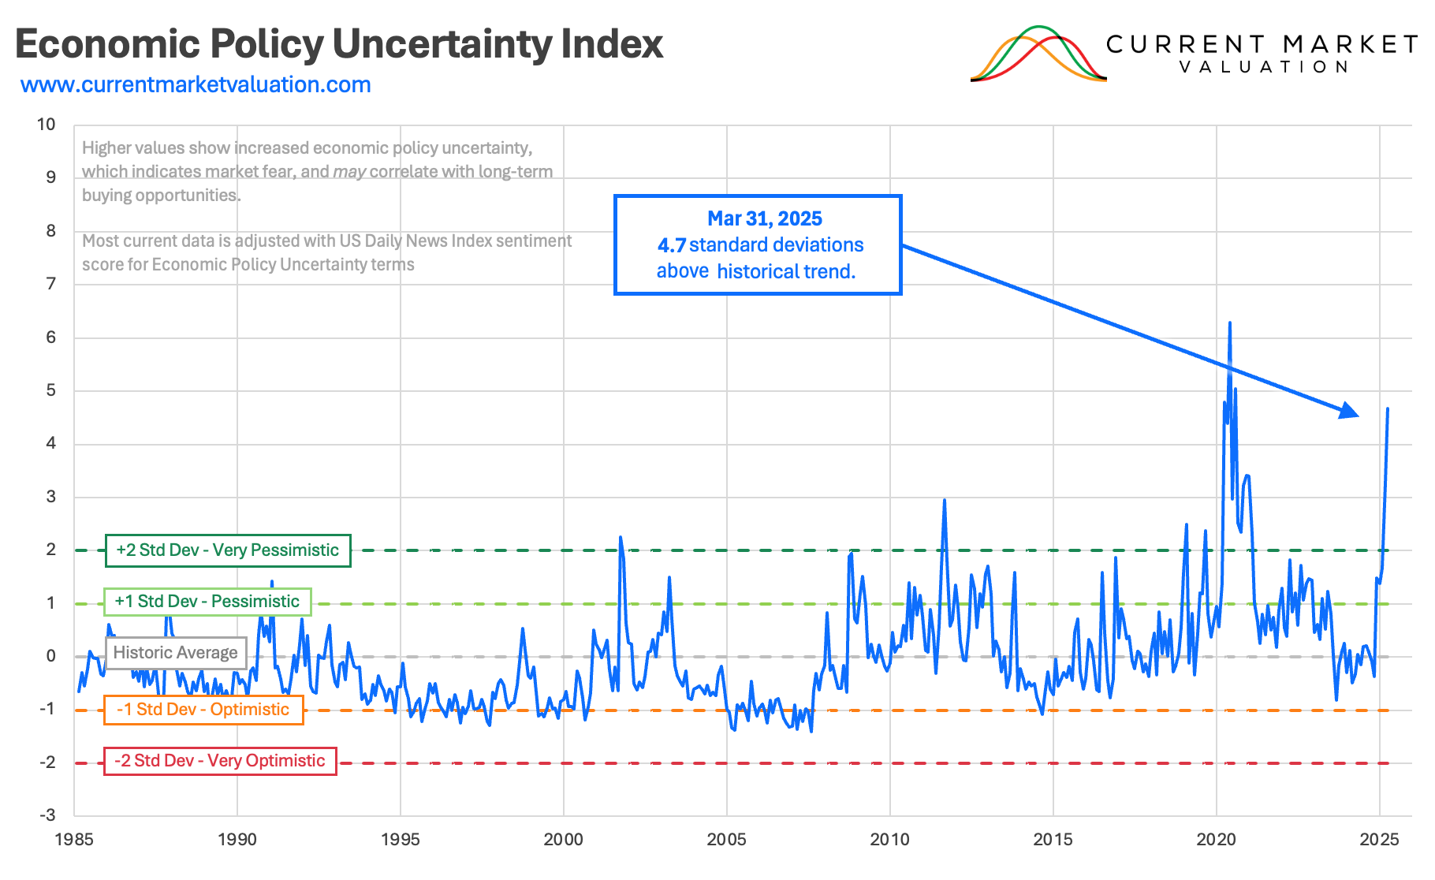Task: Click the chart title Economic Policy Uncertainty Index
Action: click(x=339, y=44)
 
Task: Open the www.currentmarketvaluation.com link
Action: click(x=196, y=85)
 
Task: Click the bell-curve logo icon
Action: click(x=1038, y=54)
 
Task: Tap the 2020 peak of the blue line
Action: click(x=1229, y=323)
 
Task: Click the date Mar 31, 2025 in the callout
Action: click(x=764, y=218)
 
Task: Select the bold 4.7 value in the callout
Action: click(x=671, y=245)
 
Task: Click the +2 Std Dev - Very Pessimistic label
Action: click(x=228, y=550)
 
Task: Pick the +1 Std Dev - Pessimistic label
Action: click(x=207, y=602)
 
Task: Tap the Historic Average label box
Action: click(x=176, y=653)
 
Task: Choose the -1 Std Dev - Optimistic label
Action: click(x=203, y=710)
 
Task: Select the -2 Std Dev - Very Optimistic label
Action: click(x=220, y=761)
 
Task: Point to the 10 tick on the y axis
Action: click(x=47, y=125)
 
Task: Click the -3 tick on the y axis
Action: click(x=48, y=815)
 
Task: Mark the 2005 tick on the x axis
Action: click(x=726, y=840)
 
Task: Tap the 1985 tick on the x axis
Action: click(x=74, y=840)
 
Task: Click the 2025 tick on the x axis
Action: click(x=1379, y=840)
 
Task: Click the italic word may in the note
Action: click(x=348, y=172)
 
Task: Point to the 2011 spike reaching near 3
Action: click(x=944, y=501)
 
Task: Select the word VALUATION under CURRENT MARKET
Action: click(x=1264, y=68)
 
